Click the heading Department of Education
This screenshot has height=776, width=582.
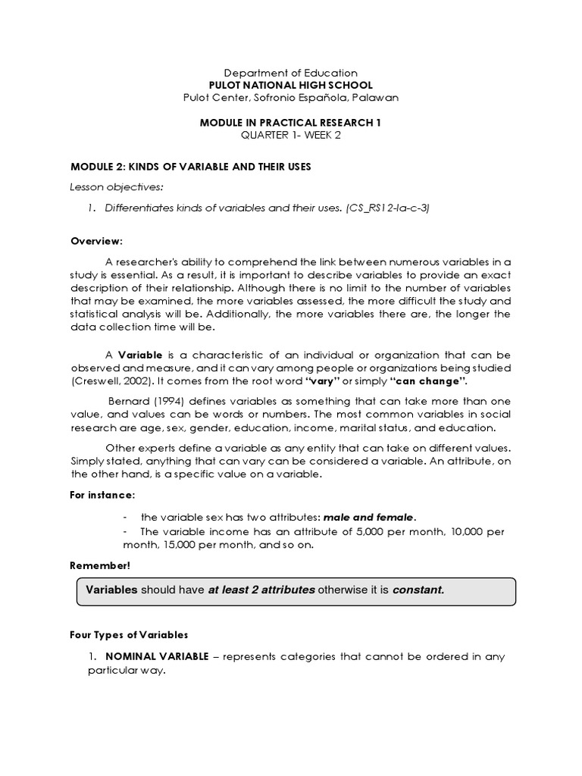coord(291,73)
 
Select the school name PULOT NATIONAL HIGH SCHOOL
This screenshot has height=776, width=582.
coord(291,85)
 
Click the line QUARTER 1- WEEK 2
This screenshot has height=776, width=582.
coord(291,134)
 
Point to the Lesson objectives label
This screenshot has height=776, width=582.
coord(106,186)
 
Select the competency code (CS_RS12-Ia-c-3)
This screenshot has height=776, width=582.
coord(387,208)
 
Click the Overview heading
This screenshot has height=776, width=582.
coord(96,240)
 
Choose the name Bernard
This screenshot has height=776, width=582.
coord(127,400)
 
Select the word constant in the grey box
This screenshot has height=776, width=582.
coord(418,590)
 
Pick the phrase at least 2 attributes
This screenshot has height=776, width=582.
coord(261,590)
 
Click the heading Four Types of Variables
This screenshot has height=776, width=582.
coord(129,634)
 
